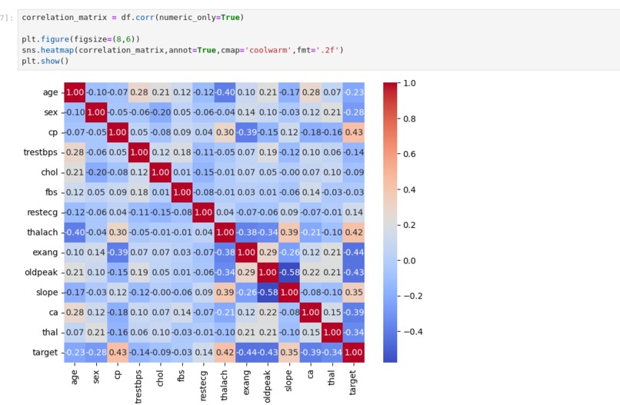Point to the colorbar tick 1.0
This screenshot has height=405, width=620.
click(x=409, y=82)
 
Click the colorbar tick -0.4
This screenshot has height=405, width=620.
click(x=412, y=332)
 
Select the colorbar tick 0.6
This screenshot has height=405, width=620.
click(x=409, y=154)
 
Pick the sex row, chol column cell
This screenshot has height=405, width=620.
click(x=161, y=112)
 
